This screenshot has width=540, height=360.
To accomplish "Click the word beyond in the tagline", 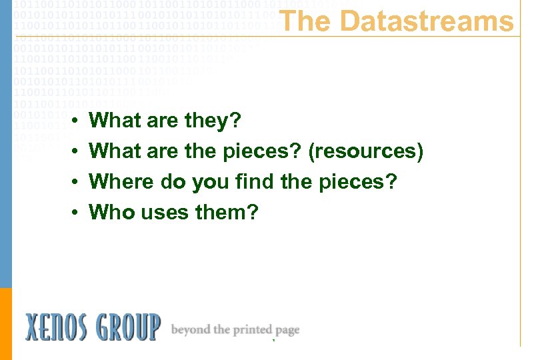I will click(x=191, y=329).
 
